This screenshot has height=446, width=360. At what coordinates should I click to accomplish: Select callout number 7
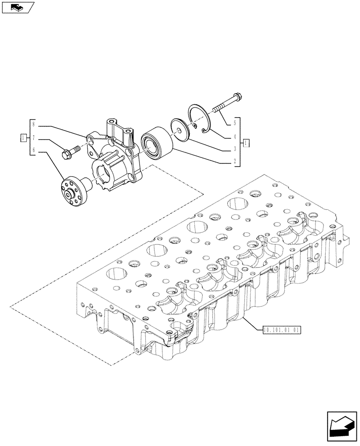[33, 139]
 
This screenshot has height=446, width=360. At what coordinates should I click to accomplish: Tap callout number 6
[33, 151]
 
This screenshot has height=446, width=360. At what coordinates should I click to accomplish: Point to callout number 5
[235, 124]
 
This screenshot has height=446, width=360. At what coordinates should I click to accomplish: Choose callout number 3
[235, 149]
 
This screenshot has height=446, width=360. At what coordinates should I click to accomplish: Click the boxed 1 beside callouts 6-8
[23, 138]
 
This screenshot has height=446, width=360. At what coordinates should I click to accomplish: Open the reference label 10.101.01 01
[282, 330]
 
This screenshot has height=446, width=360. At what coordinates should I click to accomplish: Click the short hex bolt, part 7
[69, 152]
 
